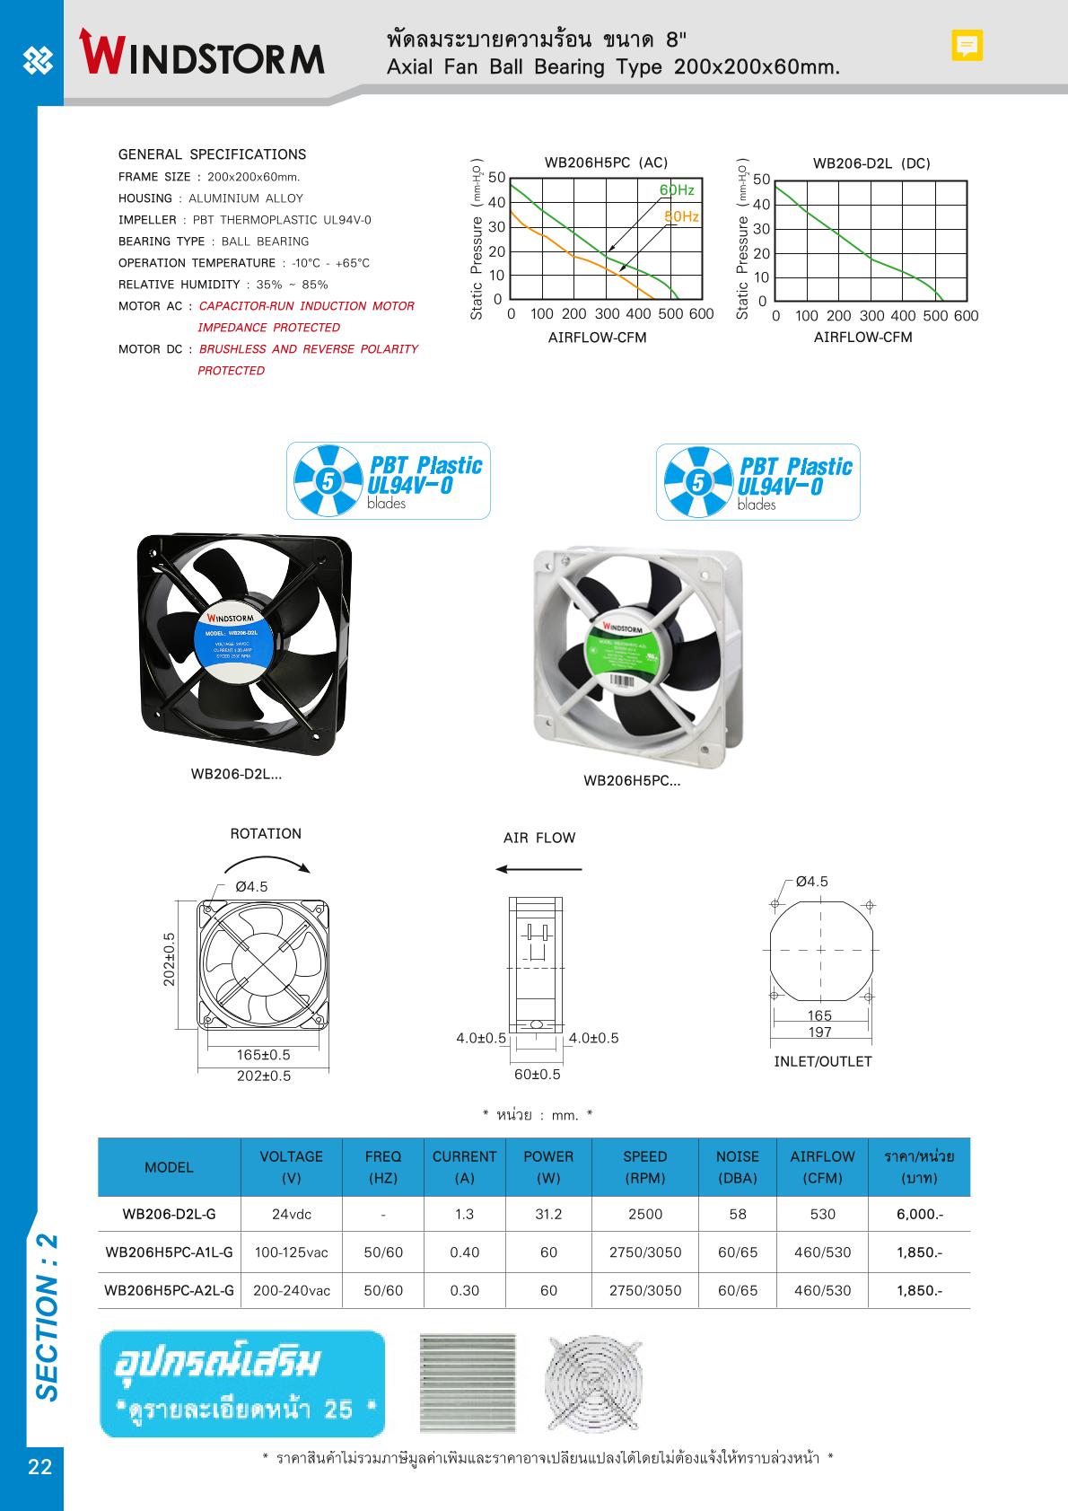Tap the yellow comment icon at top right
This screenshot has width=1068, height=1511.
(967, 45)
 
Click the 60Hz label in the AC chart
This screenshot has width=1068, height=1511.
(677, 190)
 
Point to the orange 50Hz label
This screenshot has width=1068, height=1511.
(681, 216)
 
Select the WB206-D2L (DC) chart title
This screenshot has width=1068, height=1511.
(871, 163)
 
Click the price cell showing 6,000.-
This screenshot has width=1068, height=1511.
(919, 1214)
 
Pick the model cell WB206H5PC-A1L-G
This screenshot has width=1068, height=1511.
(169, 1252)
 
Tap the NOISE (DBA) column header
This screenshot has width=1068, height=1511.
(737, 1166)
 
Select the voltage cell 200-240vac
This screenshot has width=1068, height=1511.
(291, 1290)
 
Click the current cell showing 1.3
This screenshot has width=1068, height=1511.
(464, 1214)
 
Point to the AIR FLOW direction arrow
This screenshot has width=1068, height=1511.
(538, 869)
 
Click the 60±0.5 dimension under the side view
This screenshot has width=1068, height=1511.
(537, 1075)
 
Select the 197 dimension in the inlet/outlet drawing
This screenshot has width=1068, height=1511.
(819, 1032)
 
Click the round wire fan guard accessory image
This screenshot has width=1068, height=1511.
(593, 1384)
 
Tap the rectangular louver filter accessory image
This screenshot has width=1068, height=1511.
(468, 1383)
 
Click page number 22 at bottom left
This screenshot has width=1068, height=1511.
(40, 1467)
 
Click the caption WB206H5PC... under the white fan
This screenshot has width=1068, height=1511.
(632, 781)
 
